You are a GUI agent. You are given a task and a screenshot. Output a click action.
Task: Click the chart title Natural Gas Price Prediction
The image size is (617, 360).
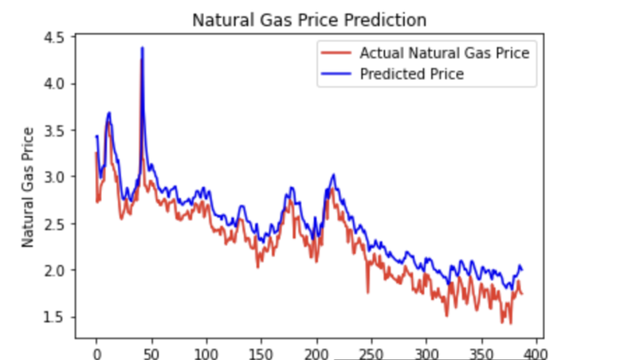[x=309, y=18]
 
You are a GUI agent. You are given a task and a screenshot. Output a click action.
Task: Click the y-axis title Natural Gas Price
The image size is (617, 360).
[x=28, y=187]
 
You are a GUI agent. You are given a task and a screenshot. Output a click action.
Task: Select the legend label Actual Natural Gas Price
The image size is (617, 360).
[x=444, y=53]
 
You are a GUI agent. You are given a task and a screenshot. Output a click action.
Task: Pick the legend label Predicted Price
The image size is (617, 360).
[x=411, y=75]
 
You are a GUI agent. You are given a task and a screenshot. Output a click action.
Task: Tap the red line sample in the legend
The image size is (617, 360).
[x=334, y=53]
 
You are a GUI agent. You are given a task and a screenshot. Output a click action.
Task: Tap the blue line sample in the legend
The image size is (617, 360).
[x=334, y=75]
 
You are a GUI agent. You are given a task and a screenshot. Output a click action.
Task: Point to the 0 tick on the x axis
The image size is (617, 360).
[x=97, y=351]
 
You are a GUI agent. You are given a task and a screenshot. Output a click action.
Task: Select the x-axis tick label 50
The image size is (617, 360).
[x=152, y=351]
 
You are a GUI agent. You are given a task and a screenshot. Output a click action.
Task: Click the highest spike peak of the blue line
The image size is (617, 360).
[x=142, y=48]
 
